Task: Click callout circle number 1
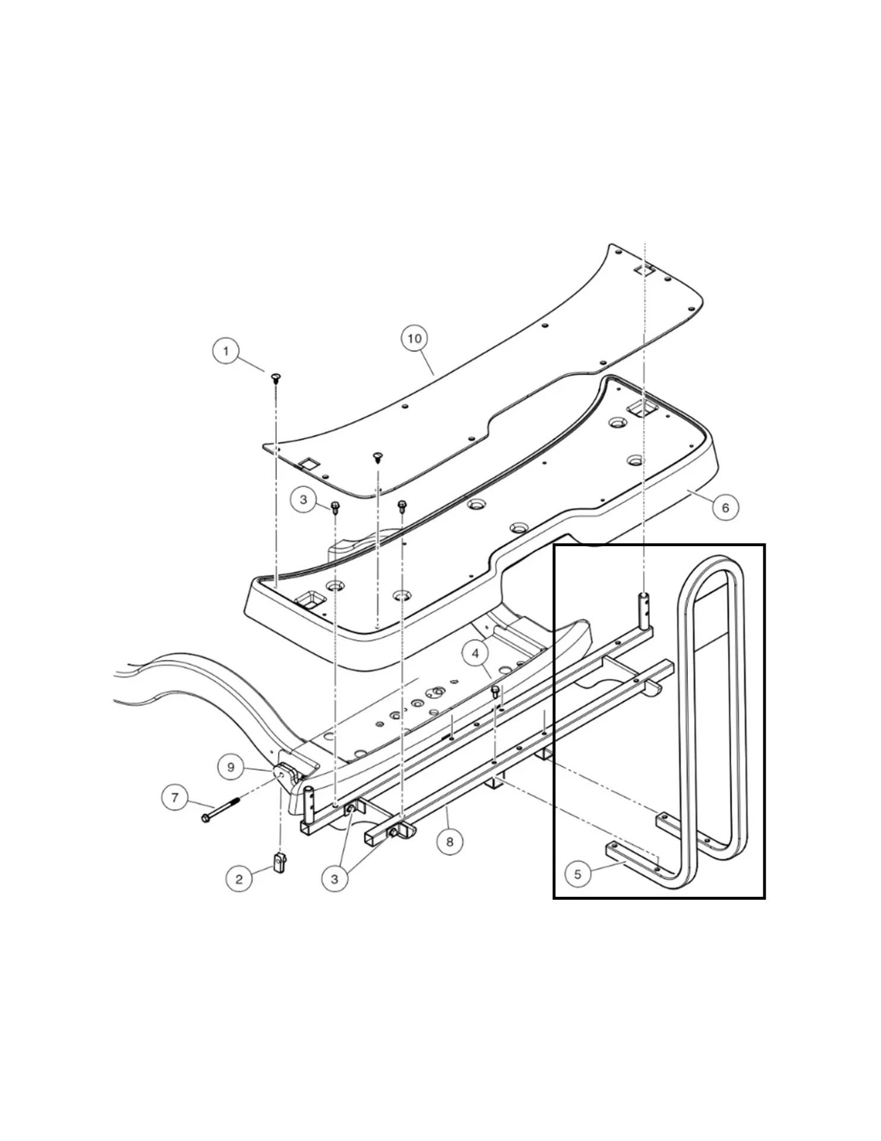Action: (x=225, y=351)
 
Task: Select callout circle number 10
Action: (x=414, y=339)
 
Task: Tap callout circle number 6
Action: (x=725, y=508)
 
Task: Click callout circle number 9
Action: (x=231, y=767)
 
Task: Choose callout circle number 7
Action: (x=175, y=797)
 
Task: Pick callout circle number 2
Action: (x=239, y=879)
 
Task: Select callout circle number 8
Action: (x=450, y=841)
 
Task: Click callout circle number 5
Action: (x=577, y=874)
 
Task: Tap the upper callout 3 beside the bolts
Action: (x=304, y=500)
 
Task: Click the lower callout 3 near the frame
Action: (x=334, y=879)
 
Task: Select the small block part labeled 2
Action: (x=280, y=862)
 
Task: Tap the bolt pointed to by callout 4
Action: (x=495, y=691)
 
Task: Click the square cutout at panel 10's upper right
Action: (x=643, y=269)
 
